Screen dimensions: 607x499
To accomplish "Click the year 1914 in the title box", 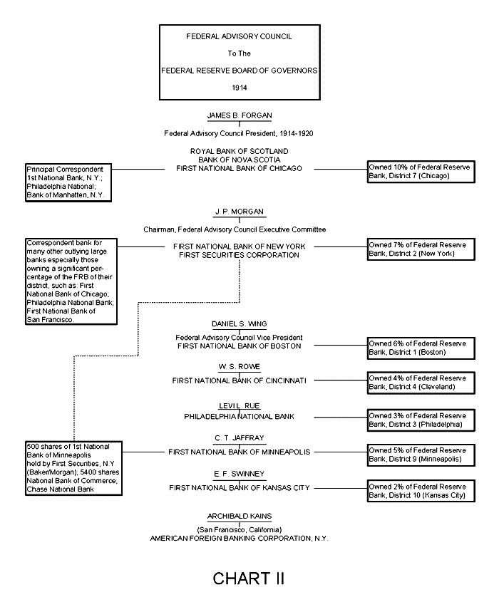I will [x=239, y=88].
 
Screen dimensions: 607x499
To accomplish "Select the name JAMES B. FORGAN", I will [x=239, y=115].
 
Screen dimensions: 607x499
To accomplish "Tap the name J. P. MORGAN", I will [x=239, y=212].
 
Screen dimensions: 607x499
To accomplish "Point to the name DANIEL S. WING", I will [x=239, y=324].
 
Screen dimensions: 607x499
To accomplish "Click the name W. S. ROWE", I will [x=239, y=366].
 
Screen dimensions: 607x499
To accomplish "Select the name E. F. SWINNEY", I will [x=239, y=473].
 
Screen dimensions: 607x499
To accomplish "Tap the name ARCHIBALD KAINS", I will [x=239, y=515].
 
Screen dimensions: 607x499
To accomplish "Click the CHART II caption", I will [x=249, y=578].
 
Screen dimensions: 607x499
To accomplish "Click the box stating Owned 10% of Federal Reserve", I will [x=419, y=171].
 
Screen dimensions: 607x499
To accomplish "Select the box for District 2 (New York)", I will [x=419, y=249].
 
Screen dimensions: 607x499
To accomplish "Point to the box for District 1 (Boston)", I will [x=419, y=348].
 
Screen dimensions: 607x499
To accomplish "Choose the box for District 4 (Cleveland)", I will [x=419, y=383].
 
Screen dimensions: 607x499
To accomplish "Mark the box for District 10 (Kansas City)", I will [x=419, y=491].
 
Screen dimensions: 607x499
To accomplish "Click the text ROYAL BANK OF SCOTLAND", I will [x=239, y=151].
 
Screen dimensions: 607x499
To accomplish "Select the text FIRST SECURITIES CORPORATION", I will [x=239, y=255].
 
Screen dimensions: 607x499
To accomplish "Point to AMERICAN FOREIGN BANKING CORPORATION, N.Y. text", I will [x=239, y=539].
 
